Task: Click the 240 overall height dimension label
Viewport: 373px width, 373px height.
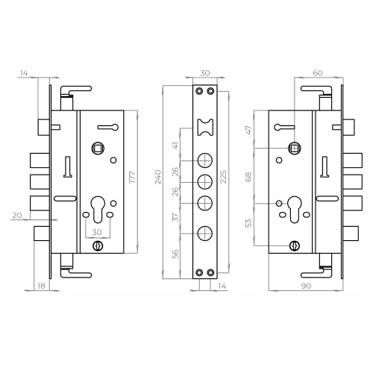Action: click(x=158, y=177)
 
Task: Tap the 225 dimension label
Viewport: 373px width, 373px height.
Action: click(x=223, y=177)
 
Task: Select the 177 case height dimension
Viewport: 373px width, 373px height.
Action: click(x=132, y=177)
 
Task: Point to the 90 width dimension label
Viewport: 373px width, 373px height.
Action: click(x=306, y=286)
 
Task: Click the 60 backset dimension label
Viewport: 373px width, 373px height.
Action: click(x=318, y=73)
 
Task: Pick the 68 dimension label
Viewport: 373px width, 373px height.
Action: click(x=248, y=177)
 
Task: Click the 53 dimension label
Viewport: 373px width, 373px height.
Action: click(x=248, y=223)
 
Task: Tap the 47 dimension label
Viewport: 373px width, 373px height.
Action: click(x=248, y=130)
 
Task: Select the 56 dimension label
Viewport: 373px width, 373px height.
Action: click(x=175, y=254)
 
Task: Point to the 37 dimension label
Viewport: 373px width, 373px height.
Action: click(x=175, y=217)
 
